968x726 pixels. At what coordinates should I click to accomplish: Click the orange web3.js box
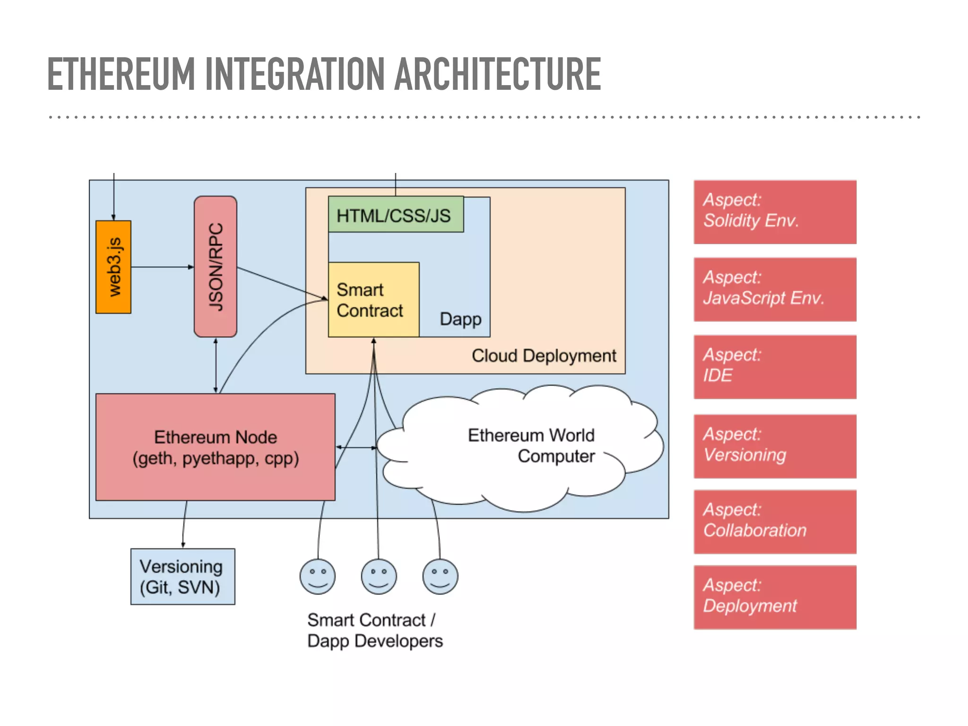(x=113, y=267)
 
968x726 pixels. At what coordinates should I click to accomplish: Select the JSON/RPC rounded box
(x=216, y=267)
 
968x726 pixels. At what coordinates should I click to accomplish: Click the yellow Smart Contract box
(x=373, y=300)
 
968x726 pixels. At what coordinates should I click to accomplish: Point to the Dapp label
(x=460, y=319)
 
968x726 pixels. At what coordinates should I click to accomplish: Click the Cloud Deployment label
(x=544, y=355)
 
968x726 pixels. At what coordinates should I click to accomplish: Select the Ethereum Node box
(x=216, y=447)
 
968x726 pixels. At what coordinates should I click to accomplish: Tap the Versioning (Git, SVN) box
(x=182, y=577)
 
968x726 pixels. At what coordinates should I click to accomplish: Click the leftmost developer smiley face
(x=318, y=577)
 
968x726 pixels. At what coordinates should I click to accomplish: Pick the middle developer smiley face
(x=379, y=577)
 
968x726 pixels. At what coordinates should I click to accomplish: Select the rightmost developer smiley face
(x=440, y=577)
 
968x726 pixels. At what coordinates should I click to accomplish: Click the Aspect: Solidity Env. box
(x=775, y=212)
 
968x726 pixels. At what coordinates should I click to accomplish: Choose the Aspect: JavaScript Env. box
(x=775, y=289)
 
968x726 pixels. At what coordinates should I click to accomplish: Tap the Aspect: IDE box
(x=775, y=367)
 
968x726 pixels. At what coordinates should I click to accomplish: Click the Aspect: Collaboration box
(x=775, y=522)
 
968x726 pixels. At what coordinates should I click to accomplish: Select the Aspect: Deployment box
(x=775, y=597)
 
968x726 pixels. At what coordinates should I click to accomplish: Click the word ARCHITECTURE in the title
(x=497, y=74)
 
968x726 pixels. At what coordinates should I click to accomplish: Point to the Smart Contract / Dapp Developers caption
(x=375, y=631)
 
